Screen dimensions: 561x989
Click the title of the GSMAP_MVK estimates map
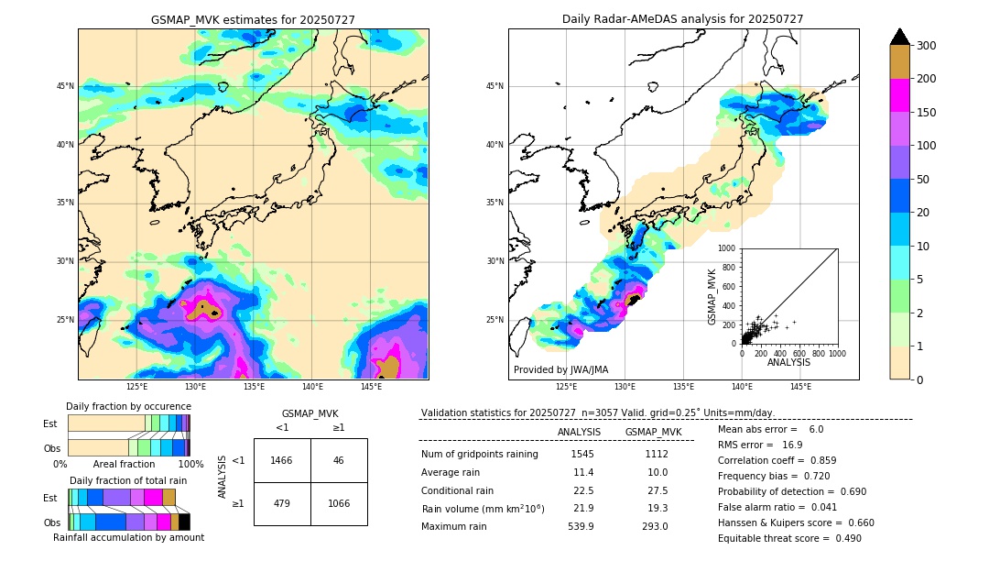253,19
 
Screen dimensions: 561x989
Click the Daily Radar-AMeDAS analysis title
683,19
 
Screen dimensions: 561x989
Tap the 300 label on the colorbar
927,46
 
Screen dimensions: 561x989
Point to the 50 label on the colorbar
924,180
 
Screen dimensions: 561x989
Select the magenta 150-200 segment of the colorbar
899,95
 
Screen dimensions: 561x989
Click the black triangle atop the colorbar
899,37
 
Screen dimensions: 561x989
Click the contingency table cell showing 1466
282,460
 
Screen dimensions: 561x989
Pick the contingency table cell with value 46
339,460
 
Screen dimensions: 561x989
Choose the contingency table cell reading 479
282,503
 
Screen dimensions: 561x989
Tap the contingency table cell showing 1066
339,503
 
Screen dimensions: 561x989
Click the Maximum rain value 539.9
582,526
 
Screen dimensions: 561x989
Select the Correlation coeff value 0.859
820,460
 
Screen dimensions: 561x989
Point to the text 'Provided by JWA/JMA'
560,369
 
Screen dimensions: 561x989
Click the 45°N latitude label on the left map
65,86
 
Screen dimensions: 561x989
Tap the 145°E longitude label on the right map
800,387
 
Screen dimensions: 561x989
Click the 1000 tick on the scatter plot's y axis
727,248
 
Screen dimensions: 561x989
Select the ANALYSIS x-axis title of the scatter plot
788,362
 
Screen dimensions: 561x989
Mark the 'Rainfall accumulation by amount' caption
128,537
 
